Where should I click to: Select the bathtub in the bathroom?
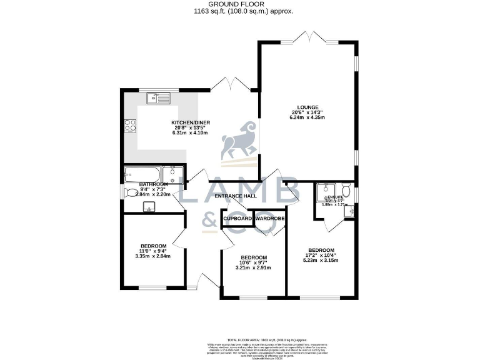(143, 173)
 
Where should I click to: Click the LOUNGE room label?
(308, 107)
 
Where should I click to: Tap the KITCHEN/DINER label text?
(189, 122)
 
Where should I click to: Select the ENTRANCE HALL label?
(236, 196)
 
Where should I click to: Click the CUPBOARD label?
(237, 219)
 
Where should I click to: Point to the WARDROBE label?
(270, 219)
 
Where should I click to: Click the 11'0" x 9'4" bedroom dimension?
(153, 251)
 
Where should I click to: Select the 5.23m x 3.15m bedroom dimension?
(323, 261)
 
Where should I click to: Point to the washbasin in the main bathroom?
(149, 207)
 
